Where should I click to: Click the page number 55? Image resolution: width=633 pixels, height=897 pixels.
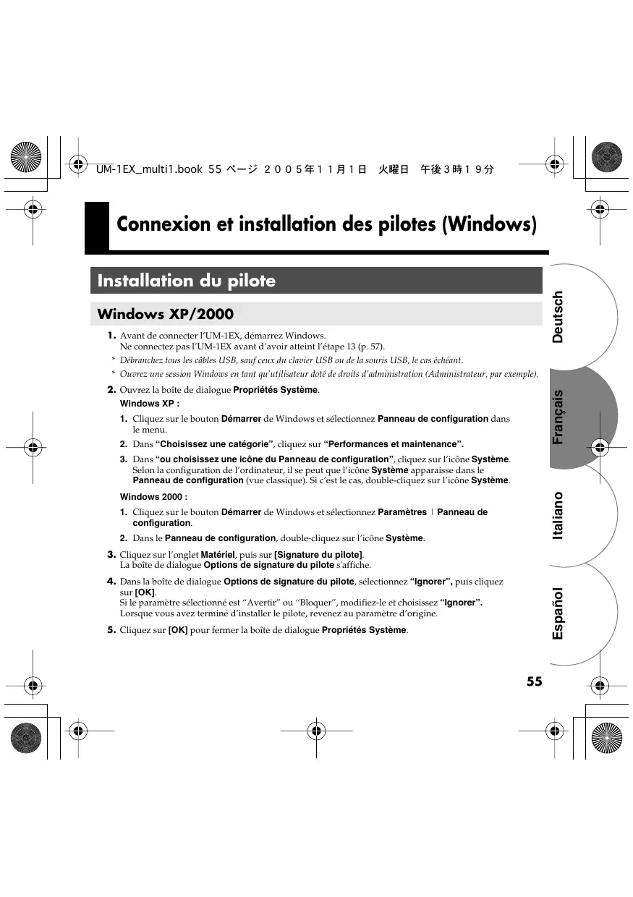tap(534, 681)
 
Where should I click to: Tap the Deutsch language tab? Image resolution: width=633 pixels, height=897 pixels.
tap(558, 317)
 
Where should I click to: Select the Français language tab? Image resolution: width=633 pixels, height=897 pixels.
tap(558, 417)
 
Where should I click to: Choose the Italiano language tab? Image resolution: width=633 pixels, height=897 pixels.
tap(558, 515)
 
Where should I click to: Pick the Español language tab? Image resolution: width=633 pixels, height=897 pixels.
tap(558, 613)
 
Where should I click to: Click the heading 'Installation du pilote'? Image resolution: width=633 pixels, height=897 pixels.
tap(187, 281)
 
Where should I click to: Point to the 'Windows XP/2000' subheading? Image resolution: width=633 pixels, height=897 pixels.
tap(166, 314)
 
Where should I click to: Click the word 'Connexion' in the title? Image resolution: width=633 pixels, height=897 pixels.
tap(157, 224)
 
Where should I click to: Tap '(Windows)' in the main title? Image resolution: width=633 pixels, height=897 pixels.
tap(489, 224)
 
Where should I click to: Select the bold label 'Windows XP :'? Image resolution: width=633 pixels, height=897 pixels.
tap(150, 404)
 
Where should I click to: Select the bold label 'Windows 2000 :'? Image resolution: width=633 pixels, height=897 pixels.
tap(153, 497)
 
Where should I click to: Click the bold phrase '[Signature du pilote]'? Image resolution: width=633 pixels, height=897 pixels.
tap(318, 555)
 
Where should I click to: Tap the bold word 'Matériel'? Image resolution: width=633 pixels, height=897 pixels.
tap(218, 555)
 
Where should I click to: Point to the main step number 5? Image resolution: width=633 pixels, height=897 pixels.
tap(112, 629)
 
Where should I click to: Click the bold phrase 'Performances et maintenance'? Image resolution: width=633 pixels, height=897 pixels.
tap(394, 444)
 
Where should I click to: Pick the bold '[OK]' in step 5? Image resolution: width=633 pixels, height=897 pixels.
tap(178, 630)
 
